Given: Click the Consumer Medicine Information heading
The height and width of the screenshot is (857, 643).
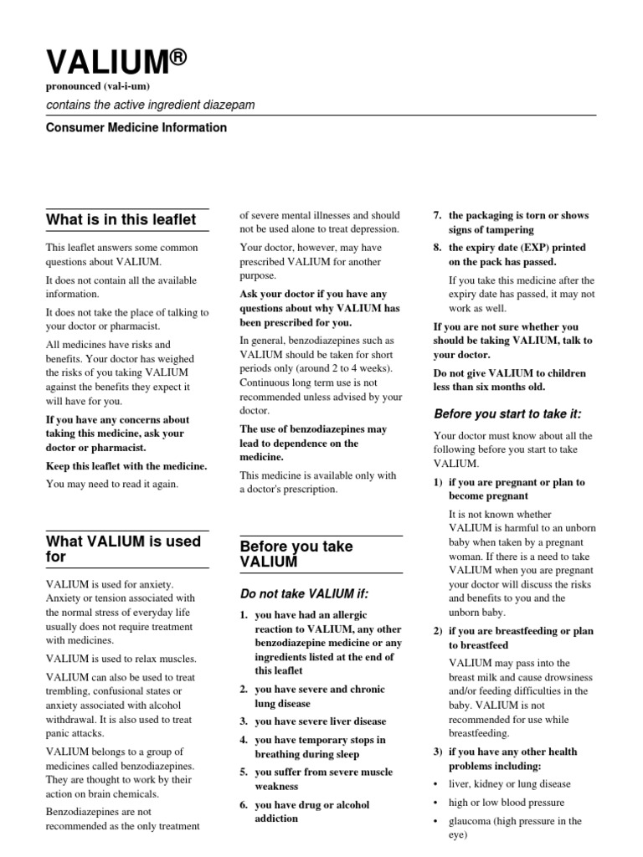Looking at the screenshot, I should coord(136,128).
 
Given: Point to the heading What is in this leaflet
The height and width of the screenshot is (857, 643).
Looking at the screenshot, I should coord(121,220).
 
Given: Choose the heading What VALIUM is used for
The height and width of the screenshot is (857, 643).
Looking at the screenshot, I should coord(123,549).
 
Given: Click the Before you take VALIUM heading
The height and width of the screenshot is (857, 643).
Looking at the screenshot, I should coord(296,554).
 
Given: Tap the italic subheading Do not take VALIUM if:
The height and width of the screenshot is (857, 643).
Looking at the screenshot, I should coord(304,594).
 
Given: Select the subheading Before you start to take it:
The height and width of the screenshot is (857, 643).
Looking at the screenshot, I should coord(507,413).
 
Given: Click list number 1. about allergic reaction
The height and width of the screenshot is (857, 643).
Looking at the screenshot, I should coord(244,616).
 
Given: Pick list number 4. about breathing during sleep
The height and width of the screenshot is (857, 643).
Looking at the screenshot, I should coord(244,741).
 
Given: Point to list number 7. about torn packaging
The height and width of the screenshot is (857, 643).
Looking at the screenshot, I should coord(437,216).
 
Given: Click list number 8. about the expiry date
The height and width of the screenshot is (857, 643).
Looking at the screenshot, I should coord(437,249).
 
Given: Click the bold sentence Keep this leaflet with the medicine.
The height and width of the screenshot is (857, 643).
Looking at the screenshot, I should coord(126,466).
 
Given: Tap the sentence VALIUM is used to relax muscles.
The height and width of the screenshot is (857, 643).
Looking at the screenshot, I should coord(121,659).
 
